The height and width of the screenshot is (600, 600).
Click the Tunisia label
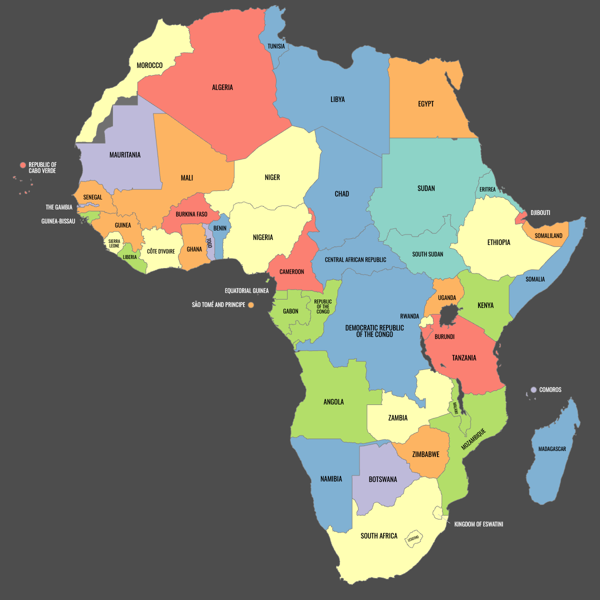point(276,46)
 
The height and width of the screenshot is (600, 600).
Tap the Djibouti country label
point(540,213)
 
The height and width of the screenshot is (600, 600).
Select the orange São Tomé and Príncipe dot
point(251,305)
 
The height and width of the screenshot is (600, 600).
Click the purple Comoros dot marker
point(533,390)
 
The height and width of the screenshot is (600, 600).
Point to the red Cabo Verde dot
point(22,165)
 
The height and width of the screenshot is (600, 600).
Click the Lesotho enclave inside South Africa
point(413,538)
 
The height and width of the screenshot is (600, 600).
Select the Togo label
point(209,243)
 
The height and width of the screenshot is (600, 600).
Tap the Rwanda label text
point(409,316)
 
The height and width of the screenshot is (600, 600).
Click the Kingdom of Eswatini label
point(478,524)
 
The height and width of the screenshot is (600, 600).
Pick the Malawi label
point(455,408)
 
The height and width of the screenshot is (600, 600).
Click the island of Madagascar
point(552,455)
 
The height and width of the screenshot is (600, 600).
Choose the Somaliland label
point(548,236)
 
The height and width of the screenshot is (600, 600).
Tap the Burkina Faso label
point(191,214)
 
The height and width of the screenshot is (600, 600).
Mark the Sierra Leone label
point(114,243)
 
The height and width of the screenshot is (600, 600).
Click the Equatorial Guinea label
point(246,291)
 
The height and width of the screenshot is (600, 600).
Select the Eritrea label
point(487,189)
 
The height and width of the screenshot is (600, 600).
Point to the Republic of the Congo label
point(323,306)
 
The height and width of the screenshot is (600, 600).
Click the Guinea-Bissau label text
point(58,221)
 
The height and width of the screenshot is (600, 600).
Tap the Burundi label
point(444,337)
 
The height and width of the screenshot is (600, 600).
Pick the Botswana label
point(382,479)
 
